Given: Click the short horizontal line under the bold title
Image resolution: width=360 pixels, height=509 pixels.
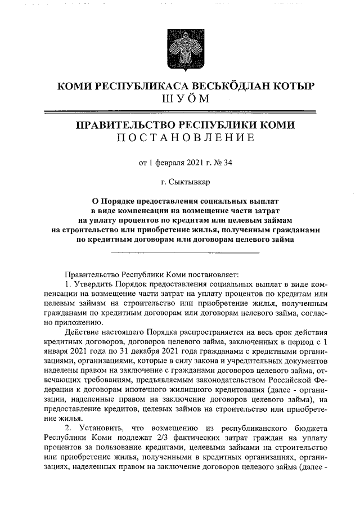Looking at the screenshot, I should pyautogui.click(x=185, y=253).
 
